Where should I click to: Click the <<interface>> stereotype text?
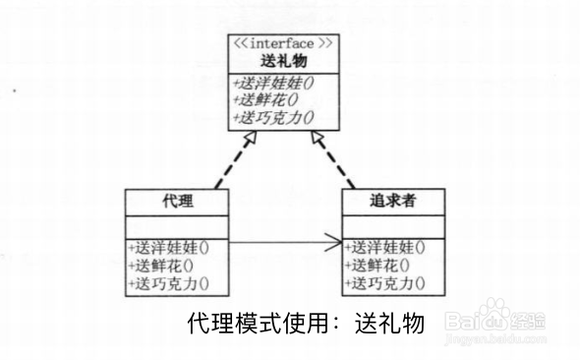pos(286,44)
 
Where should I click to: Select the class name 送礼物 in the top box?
pos(285,61)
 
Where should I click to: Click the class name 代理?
pos(175,202)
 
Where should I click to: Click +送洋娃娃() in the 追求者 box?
pos(387,247)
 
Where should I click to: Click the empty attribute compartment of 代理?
pos(175,225)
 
